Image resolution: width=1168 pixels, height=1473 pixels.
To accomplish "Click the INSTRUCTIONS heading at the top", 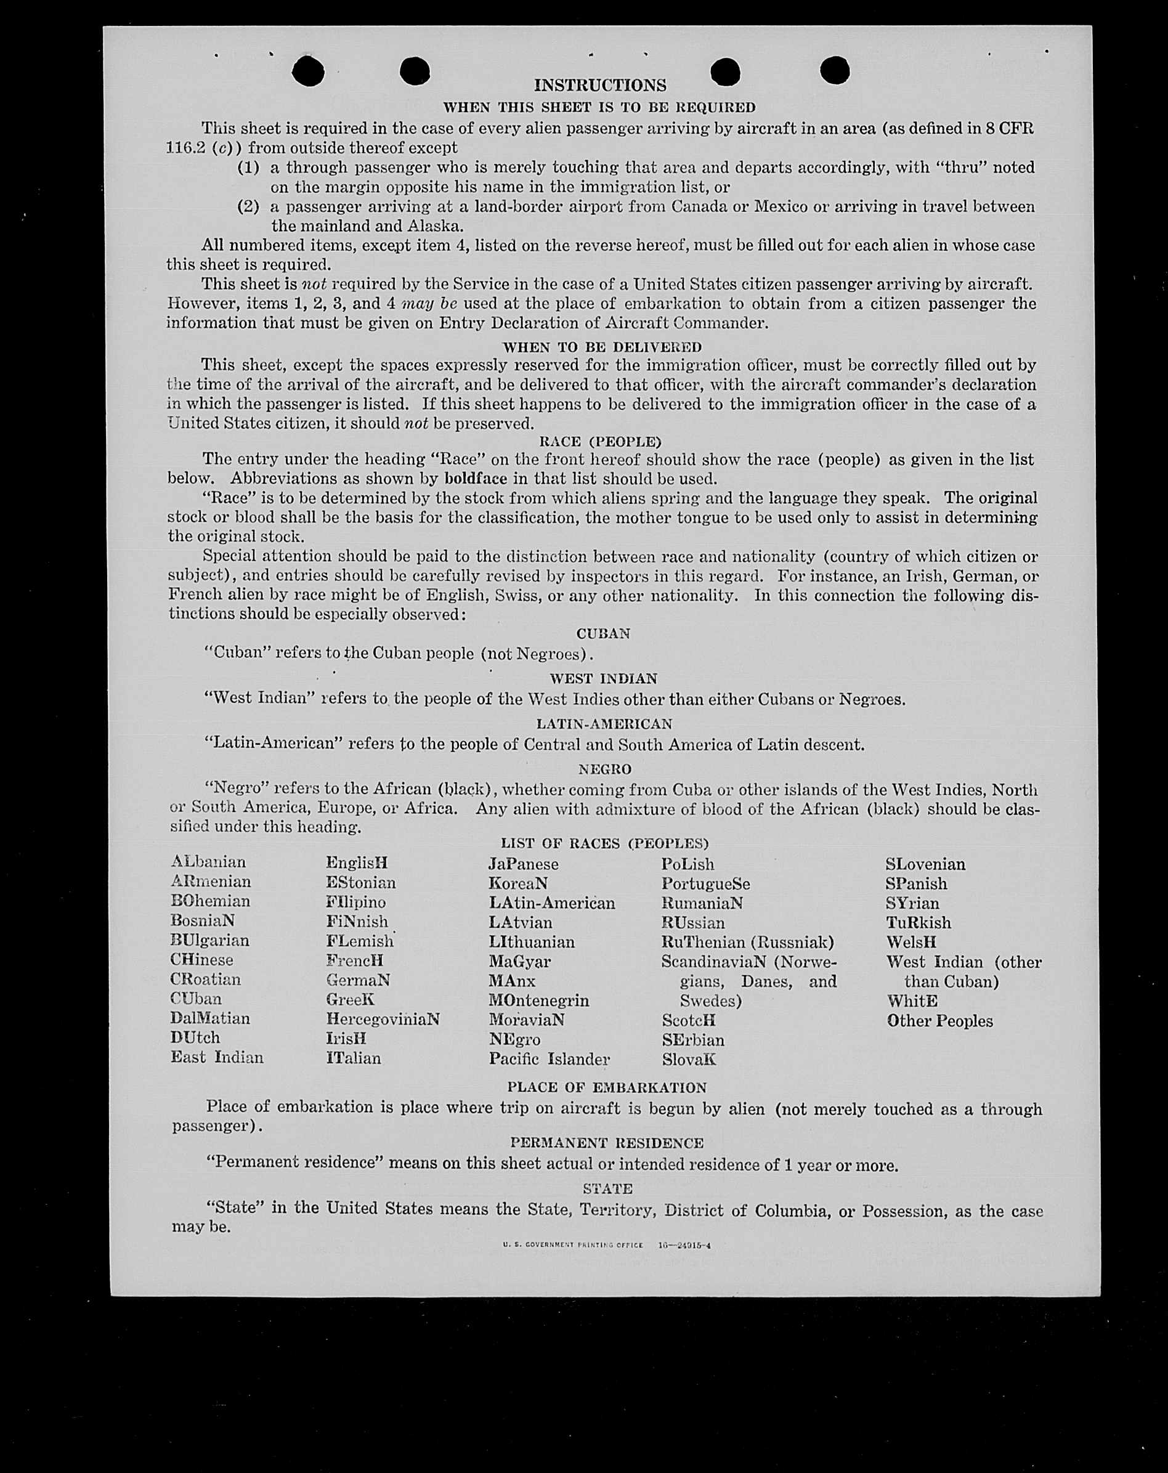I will coord(600,86).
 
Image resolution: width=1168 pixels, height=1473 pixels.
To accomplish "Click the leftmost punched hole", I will coord(308,71).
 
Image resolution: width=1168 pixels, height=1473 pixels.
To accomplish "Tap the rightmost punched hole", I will coord(834,70).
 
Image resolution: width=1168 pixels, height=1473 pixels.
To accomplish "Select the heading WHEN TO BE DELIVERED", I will coord(602,347).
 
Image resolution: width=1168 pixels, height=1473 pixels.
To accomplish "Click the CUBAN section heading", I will coord(603,633).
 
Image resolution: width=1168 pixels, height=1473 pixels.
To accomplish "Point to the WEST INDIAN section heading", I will coord(603,678).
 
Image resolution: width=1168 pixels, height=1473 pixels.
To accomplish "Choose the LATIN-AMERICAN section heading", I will coord(604,723).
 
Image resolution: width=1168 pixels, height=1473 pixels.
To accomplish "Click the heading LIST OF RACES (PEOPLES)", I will coord(604,843).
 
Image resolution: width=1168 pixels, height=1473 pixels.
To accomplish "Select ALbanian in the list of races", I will coord(208,862).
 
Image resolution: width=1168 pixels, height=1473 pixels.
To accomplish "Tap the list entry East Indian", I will coord(216,1058).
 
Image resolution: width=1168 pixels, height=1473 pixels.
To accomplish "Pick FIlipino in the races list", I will coord(355,902).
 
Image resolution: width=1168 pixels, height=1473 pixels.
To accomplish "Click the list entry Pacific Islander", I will coord(549,1059).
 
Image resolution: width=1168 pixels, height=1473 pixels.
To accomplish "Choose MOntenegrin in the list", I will coord(538,1000).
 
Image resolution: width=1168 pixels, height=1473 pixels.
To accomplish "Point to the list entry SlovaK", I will coord(689,1060).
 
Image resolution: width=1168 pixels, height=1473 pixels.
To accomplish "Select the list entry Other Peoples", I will coord(939,1021).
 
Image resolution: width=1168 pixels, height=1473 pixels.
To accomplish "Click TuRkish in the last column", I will coord(918,922).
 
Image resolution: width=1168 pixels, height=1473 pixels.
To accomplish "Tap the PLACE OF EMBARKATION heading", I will coord(607,1087).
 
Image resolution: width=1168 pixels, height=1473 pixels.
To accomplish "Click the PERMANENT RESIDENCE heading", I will coord(607,1143).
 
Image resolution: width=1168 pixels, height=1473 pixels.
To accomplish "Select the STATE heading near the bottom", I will coord(607,1188).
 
